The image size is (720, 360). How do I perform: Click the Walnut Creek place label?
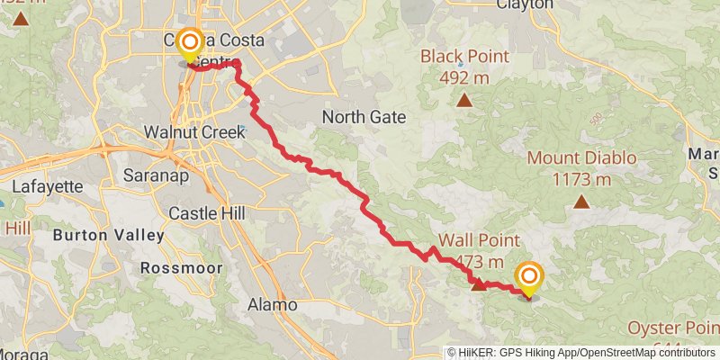coord(189,132)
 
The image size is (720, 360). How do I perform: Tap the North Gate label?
coord(364,117)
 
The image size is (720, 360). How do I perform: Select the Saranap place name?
coord(156,175)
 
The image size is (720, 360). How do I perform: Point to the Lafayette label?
coord(49,187)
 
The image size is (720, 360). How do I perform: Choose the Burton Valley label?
coord(109,236)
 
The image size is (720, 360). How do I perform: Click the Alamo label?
coord(272,305)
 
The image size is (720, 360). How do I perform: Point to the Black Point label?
coord(464,57)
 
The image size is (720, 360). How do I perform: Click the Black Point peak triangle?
coord(463,100)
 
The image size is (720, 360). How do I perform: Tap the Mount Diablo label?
coord(581,158)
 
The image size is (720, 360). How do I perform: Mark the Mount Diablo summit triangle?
coord(581,202)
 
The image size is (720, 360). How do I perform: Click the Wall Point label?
coord(479,240)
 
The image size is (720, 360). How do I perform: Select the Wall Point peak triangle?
coord(479,284)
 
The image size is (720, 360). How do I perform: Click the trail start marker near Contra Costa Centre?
coord(190,42)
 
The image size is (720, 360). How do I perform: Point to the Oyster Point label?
coord(670,327)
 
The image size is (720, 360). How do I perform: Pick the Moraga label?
coord(24,354)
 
